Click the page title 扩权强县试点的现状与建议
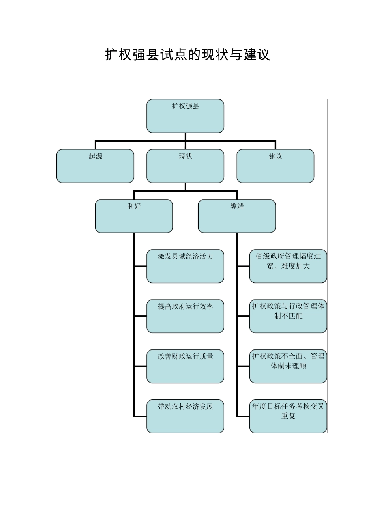pos(187,55)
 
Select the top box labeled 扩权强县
pos(185,116)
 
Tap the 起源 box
pos(95,166)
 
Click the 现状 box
pos(185,166)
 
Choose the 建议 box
pos(275,166)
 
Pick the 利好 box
pos(134,216)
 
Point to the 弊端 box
pos(236,216)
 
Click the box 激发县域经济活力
pos(185,266)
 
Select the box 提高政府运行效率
pos(185,316)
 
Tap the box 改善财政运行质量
pos(185,366)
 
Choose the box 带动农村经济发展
pos(185,416)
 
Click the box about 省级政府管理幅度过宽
pos(288,266)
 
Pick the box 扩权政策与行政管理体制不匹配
pos(288,316)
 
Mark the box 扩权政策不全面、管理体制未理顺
pos(288,366)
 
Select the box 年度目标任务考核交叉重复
pos(288,416)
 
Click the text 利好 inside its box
pos(134,206)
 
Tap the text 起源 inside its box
pos(95,156)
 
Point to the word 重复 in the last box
pos(288,416)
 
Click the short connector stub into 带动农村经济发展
pos(140,416)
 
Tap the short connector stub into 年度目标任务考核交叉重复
pos(243,416)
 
